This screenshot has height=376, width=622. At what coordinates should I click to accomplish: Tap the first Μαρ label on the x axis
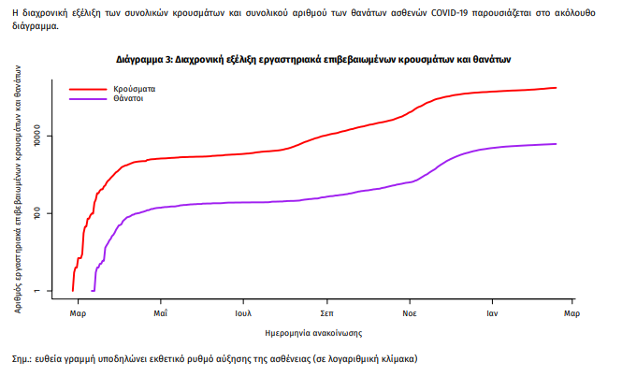[x=78, y=313]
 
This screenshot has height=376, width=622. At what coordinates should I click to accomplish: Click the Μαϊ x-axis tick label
[x=160, y=313]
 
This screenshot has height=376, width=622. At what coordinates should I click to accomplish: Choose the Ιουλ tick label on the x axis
[x=244, y=313]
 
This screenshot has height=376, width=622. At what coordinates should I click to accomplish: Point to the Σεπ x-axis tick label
[x=326, y=313]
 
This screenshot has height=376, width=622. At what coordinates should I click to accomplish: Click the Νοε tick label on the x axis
[x=409, y=313]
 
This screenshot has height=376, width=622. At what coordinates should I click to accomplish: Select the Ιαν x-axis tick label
[x=490, y=313]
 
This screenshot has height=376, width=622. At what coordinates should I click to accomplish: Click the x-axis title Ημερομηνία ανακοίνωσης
[x=313, y=332]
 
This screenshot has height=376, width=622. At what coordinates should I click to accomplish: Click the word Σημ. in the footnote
[x=22, y=358]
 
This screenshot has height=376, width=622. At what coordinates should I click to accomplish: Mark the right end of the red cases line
[x=557, y=88]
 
